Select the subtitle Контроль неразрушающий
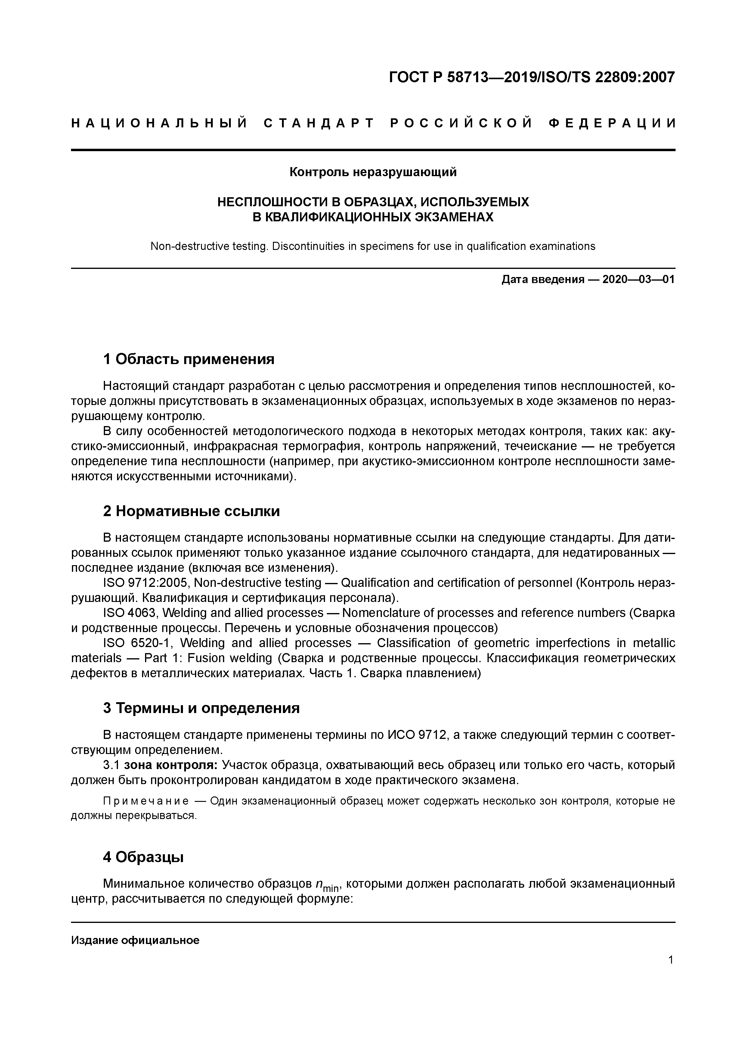tap(373, 172)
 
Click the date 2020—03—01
tap(638, 279)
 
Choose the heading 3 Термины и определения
tap(201, 708)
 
